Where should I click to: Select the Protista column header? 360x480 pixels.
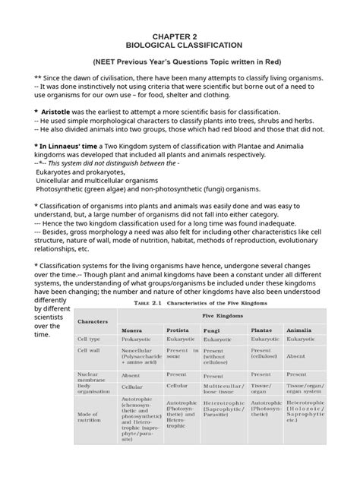pyautogui.click(x=179, y=331)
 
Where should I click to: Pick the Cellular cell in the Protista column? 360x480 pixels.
pyautogui.click(x=176, y=386)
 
